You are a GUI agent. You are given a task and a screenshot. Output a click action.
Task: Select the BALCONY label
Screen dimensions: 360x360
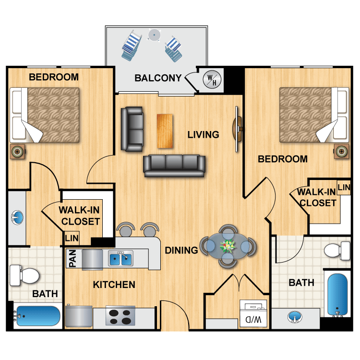pos(158,78)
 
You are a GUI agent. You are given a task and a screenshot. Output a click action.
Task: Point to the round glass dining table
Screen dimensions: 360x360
pos(228,246)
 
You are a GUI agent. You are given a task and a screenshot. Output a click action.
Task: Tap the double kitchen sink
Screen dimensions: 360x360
pos(120,259)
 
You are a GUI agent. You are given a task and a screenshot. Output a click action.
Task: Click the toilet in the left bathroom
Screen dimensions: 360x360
pos(24,276)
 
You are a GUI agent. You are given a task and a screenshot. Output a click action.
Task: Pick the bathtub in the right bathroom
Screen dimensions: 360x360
pos(338,294)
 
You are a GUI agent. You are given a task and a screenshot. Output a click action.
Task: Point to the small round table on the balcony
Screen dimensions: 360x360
pos(154,35)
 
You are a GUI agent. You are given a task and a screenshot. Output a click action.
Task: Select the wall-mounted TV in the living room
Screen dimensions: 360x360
pos(237,129)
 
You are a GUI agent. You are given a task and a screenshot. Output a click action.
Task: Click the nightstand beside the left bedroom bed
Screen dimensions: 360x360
pos(17,151)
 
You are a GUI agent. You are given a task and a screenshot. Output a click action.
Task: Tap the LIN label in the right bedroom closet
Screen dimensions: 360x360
pos(344,187)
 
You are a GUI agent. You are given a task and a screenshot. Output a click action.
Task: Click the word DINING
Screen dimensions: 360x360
pos(181,250)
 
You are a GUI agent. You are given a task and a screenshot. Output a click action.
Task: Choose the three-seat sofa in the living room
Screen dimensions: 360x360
pos(174,165)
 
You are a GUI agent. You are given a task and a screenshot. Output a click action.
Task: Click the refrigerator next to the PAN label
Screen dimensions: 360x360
pos(92,260)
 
